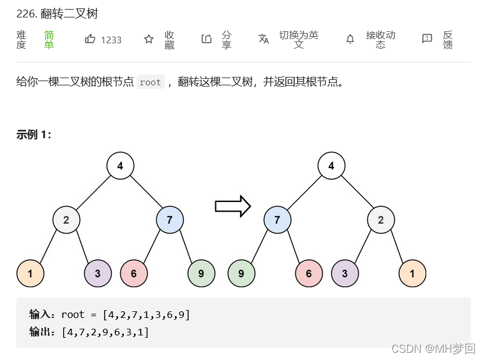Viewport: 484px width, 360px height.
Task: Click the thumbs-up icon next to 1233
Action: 90,39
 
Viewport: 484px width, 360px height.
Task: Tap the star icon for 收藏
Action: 149,39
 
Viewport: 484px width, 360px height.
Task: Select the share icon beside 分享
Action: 206,39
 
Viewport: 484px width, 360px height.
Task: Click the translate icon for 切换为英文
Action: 263,39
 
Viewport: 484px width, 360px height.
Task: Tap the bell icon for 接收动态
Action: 350,39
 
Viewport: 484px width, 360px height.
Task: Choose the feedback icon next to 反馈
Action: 427,39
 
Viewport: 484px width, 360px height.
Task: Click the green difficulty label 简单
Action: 49,40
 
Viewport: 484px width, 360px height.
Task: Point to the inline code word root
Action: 150,82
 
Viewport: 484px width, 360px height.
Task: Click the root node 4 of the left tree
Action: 120,166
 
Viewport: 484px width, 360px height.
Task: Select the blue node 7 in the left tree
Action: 170,220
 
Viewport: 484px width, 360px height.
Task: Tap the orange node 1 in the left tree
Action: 30,273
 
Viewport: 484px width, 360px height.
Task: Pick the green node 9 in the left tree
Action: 201,273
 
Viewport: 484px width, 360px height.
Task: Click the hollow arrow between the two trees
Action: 232,206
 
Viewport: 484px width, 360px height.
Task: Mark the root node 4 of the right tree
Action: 331,166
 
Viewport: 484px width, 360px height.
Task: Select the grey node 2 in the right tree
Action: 381,220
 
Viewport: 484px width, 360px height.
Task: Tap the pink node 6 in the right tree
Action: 308,273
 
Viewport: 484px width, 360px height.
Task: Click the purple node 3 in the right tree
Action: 345,273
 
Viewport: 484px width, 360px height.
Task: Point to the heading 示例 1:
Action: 34,135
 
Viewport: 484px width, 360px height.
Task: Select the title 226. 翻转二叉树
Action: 57,13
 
